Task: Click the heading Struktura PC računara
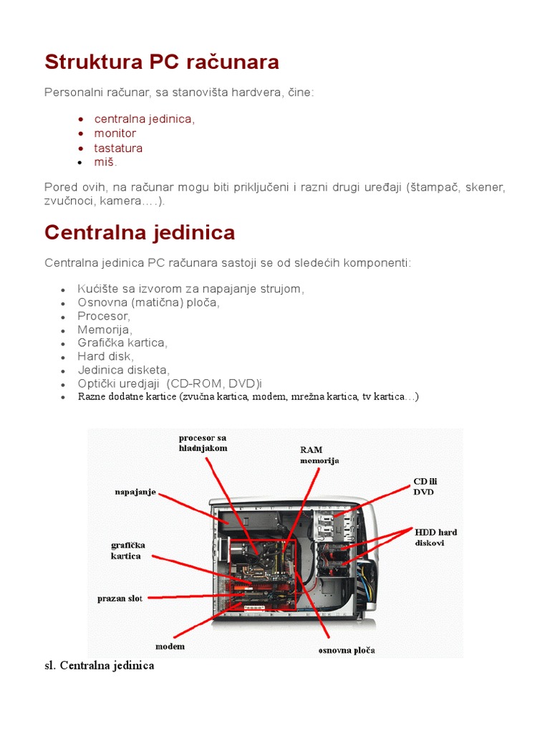[162, 62]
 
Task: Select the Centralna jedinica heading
[140, 232]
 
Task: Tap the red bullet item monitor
[115, 133]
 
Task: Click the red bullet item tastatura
[118, 148]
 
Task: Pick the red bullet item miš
[105, 162]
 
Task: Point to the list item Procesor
[104, 316]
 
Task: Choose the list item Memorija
[105, 330]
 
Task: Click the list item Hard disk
[105, 356]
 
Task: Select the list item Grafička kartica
[122, 343]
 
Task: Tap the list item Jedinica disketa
[123, 370]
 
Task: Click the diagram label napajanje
[135, 492]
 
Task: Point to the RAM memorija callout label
[319, 455]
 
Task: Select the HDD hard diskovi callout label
[435, 537]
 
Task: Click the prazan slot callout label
[120, 598]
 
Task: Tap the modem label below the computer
[170, 646]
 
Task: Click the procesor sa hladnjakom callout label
[203, 442]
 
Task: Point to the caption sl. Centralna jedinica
[100, 666]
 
